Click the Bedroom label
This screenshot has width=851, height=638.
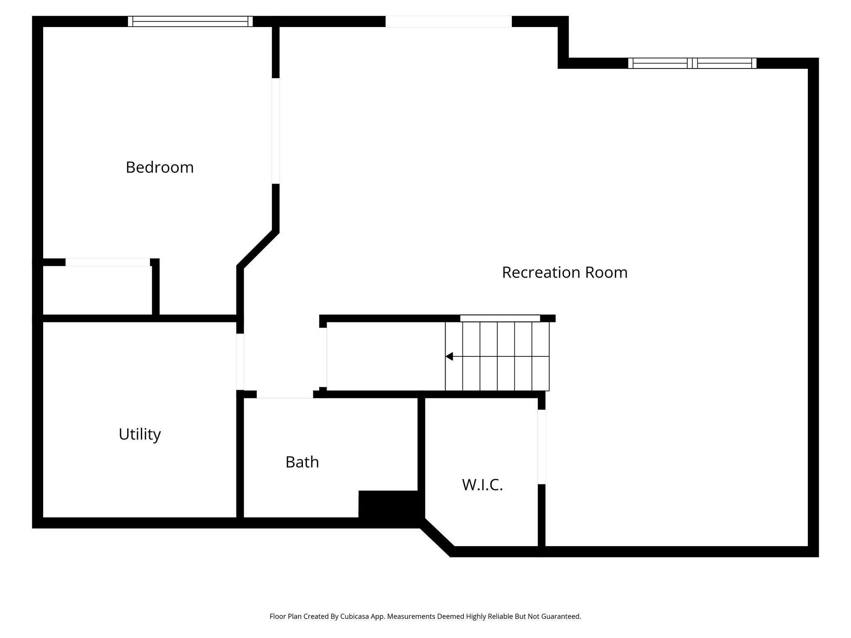(160, 167)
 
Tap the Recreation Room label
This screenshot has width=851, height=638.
(564, 272)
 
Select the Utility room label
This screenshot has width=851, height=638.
(140, 434)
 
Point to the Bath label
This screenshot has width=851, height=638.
(302, 462)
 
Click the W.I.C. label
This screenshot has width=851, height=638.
(482, 485)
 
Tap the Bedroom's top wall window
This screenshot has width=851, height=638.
(190, 21)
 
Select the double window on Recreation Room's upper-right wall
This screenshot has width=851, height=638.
(692, 63)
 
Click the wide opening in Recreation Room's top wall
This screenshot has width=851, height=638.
(448, 21)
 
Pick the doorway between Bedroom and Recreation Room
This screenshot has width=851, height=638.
(275, 131)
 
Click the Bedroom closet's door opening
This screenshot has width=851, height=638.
(108, 262)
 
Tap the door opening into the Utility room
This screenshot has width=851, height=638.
(240, 361)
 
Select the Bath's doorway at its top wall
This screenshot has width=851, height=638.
(285, 395)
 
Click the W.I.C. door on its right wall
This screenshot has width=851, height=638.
(541, 447)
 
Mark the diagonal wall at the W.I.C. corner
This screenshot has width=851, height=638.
(437, 537)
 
